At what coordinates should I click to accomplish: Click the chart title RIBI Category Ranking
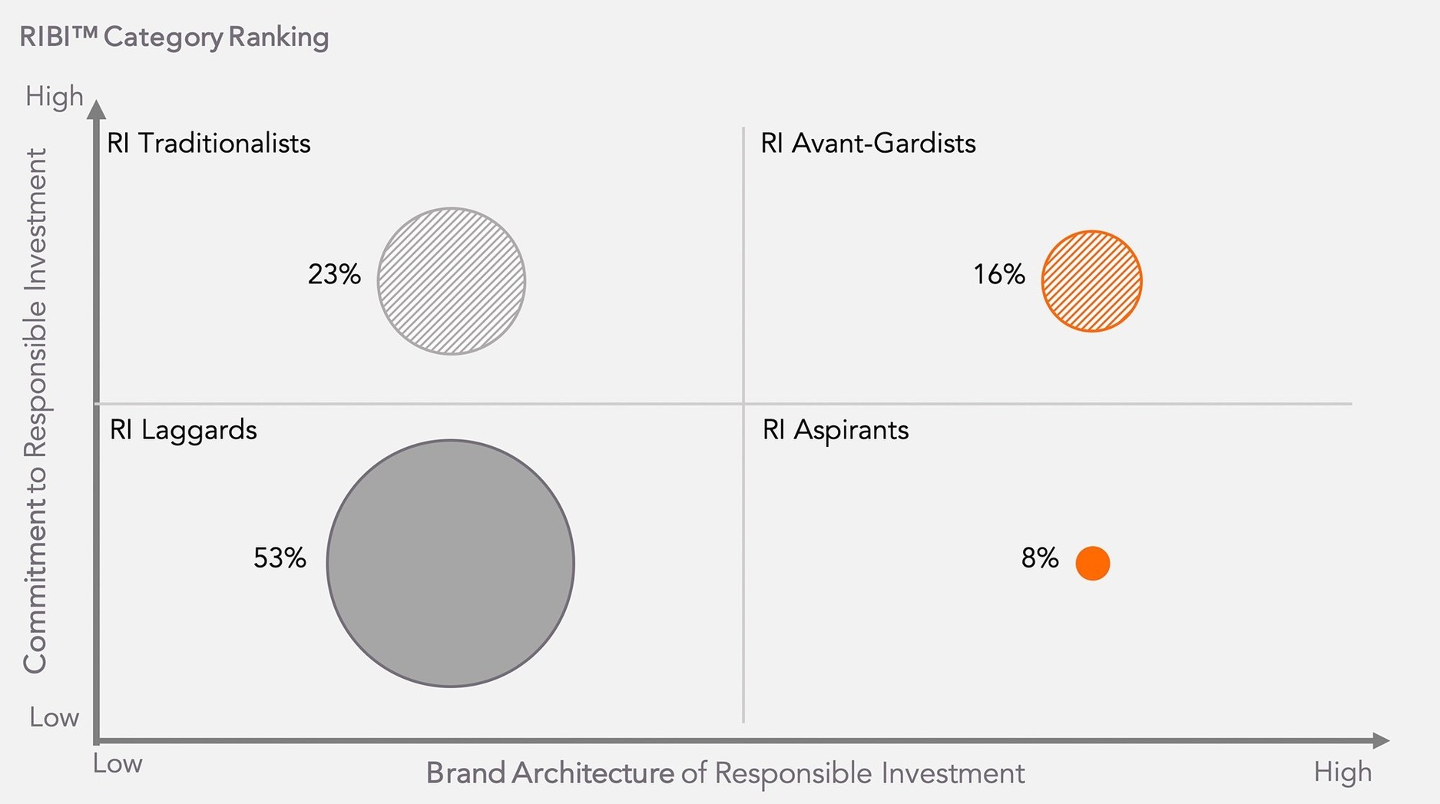click(x=174, y=37)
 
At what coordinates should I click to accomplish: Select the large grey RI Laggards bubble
click(x=450, y=563)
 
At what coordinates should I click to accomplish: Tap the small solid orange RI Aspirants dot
click(x=1092, y=563)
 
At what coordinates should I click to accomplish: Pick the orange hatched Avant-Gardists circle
click(x=1091, y=281)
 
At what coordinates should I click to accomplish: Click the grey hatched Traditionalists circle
click(x=452, y=281)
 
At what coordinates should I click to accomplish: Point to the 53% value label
click(x=280, y=558)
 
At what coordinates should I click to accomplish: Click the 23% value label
click(x=334, y=274)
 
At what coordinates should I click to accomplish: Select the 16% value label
click(x=999, y=274)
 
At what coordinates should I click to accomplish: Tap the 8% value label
click(x=1040, y=558)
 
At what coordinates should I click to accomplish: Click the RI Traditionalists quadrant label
click(x=208, y=144)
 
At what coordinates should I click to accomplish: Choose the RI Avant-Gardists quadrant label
click(x=868, y=144)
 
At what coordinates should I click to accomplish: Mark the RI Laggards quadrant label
click(x=183, y=429)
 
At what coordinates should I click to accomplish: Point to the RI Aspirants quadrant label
click(x=835, y=429)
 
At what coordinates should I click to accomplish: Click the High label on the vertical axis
click(x=54, y=97)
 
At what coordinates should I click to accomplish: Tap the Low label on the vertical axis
click(x=54, y=717)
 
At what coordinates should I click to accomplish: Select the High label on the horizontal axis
click(x=1342, y=772)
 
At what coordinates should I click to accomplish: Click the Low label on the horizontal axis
click(x=118, y=764)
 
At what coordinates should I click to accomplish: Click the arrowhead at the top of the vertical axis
click(x=96, y=110)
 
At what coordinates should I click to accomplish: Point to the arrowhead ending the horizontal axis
click(x=1380, y=741)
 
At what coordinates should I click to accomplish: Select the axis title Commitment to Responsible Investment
click(x=35, y=411)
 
